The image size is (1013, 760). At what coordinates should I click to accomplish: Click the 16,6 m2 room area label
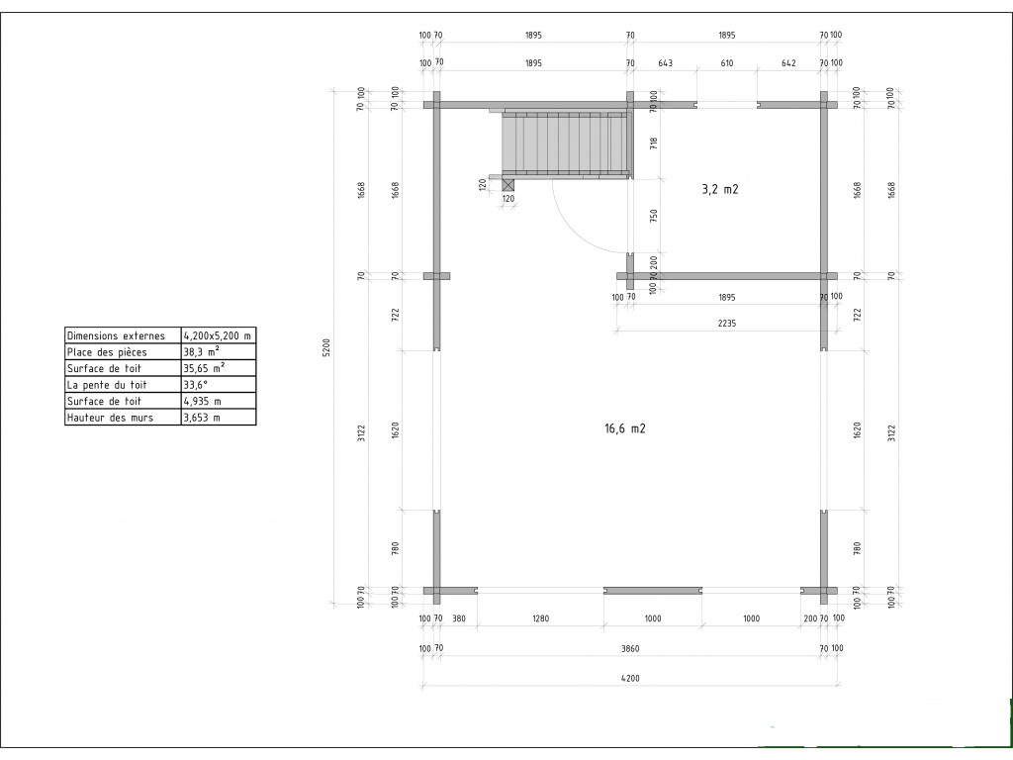point(625,428)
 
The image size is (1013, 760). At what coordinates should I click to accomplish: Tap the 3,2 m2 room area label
point(720,189)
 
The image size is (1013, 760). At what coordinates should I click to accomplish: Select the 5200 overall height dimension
point(326,347)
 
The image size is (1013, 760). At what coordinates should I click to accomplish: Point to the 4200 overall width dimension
point(630,678)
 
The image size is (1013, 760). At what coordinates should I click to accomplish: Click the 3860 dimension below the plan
point(630,648)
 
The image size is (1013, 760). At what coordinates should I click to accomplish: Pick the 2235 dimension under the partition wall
point(727,324)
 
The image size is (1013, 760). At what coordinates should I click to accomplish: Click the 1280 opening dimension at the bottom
point(540,618)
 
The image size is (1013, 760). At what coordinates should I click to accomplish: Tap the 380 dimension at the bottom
point(458,618)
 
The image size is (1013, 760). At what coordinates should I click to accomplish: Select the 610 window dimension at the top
point(727,62)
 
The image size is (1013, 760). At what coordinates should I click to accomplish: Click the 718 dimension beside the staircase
point(654,142)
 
